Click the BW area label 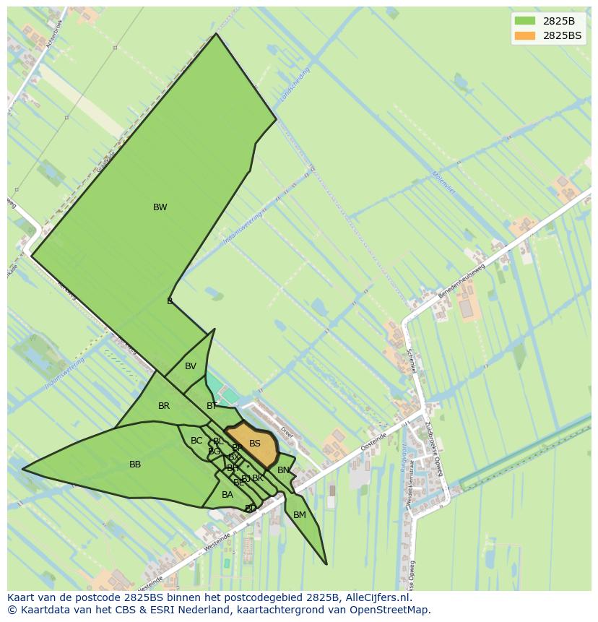[x=160, y=207]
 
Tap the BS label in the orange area [x=254, y=444]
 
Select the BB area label [x=135, y=465]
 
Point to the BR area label [x=164, y=406]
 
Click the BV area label [x=191, y=366]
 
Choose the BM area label [x=300, y=515]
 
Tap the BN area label [x=283, y=470]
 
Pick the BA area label [x=227, y=495]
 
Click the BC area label [x=196, y=441]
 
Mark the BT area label [x=212, y=406]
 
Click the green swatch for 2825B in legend [x=525, y=21]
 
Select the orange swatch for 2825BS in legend [x=525, y=35]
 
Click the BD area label [x=251, y=509]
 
